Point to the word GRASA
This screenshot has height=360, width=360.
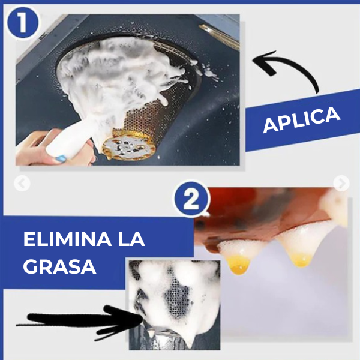click(x=60, y=266)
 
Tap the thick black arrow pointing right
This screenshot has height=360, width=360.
click(x=72, y=322)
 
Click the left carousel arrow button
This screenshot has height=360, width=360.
click(x=22, y=184)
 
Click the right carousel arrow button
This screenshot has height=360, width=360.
click(x=341, y=184)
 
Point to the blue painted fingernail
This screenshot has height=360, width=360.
click(x=60, y=159)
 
